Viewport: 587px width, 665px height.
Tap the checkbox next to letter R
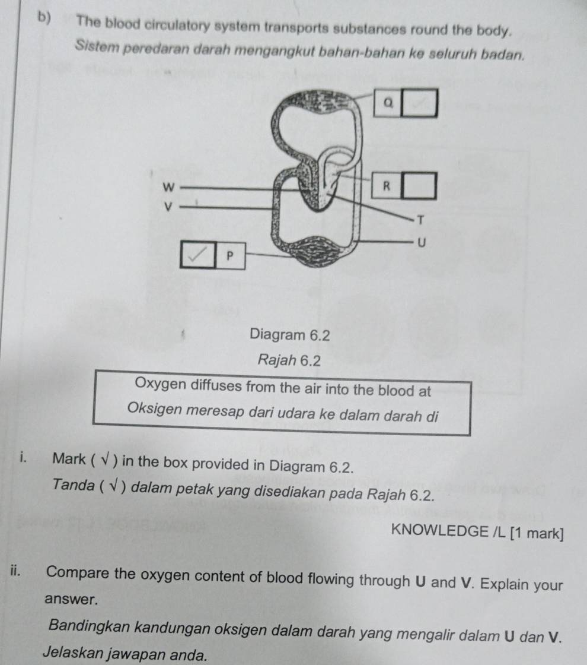coord(420,186)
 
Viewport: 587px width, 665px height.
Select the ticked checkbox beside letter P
coord(199,254)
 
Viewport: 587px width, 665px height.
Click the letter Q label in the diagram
coord(388,103)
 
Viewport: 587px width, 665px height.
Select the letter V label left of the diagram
coord(168,207)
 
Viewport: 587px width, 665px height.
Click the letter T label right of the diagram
coord(420,220)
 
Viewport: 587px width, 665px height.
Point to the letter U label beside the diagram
coord(420,242)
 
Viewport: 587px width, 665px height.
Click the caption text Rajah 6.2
coord(289,360)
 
